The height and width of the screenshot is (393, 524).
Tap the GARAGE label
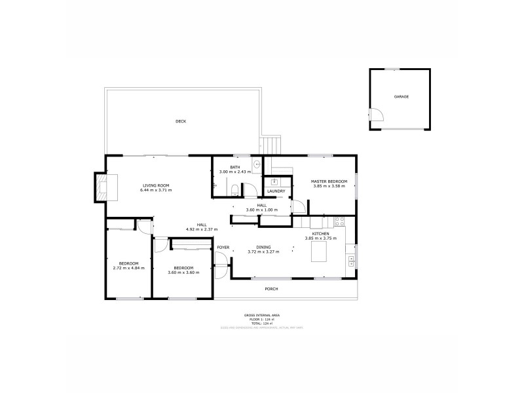point(401,97)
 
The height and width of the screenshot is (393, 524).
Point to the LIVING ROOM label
point(156,186)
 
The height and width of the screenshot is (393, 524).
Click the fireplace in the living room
point(103,187)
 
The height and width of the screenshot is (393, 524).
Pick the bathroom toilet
point(235,190)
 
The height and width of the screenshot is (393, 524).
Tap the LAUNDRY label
point(276,191)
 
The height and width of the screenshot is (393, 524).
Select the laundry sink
point(275,181)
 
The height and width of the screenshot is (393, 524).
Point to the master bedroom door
point(298,204)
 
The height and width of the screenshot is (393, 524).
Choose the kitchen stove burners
point(339,221)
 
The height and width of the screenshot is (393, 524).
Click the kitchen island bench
point(319,252)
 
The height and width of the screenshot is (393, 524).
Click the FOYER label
point(223,247)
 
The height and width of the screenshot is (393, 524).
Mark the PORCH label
point(271,289)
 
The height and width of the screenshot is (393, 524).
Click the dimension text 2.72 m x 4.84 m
point(126,268)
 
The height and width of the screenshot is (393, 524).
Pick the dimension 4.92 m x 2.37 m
point(201,229)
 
